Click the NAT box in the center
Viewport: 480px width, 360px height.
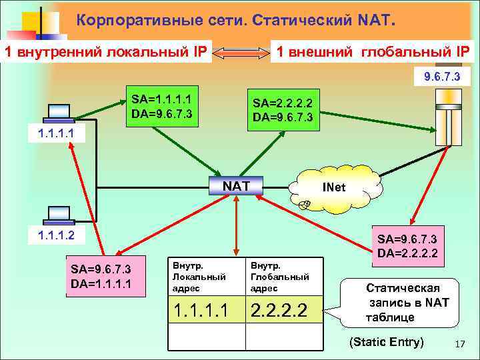pyautogui.click(x=235, y=185)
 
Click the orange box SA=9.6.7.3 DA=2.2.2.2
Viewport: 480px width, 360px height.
pyautogui.click(x=407, y=245)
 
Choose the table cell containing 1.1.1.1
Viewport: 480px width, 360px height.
pyautogui.click(x=206, y=310)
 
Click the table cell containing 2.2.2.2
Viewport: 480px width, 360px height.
pyautogui.click(x=285, y=310)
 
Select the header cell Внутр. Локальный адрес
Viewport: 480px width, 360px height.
pyautogui.click(x=206, y=276)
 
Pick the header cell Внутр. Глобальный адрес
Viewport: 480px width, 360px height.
pyautogui.click(x=285, y=276)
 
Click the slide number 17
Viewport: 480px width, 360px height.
pyautogui.click(x=459, y=343)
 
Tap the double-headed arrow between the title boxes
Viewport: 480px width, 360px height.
pyautogui.click(x=240, y=52)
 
